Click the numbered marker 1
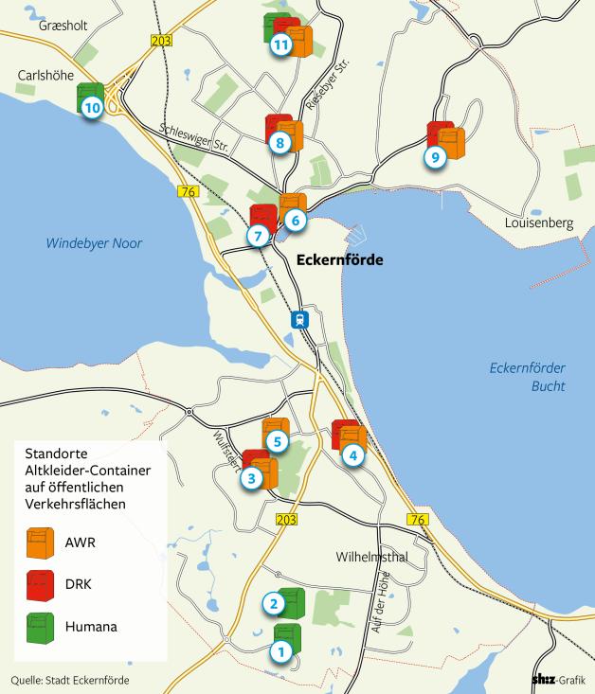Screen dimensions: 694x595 coord(279,651)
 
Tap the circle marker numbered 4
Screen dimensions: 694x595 coord(353,455)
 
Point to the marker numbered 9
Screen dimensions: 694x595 coord(435,158)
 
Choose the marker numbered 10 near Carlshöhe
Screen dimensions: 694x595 coord(92,108)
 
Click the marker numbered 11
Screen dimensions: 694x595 coord(280,44)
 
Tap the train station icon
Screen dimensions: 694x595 coord(299,320)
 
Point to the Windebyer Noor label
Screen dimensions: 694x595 coord(94,243)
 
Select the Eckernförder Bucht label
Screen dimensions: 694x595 coord(520,377)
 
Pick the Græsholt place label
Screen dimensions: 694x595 coord(63,26)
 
